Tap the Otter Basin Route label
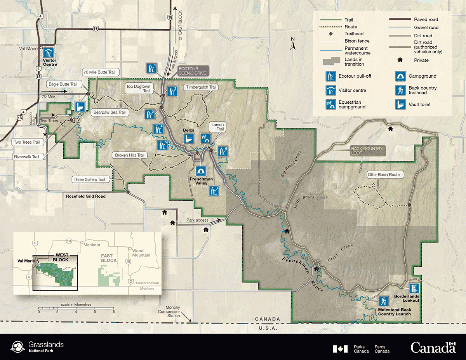383,175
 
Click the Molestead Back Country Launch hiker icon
384,301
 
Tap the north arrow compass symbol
294,43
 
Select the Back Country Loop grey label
367,151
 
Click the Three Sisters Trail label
89,179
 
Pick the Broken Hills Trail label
130,155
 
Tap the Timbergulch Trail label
201,87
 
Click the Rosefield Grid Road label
85,196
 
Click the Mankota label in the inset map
93,245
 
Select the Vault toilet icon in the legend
400,104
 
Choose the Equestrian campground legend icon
331,104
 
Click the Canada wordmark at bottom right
433,347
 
